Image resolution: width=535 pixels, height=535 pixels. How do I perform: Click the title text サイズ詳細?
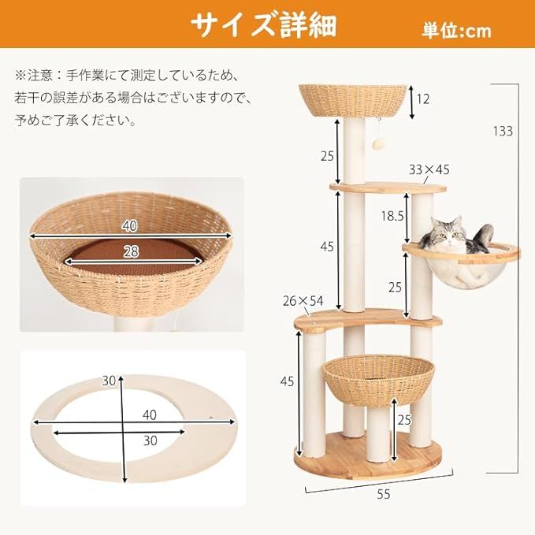(x=263, y=24)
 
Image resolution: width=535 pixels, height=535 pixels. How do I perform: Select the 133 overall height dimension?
(x=502, y=130)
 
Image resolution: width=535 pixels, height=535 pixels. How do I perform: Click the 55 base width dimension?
(x=383, y=494)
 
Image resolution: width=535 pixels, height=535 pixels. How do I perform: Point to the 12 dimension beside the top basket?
(x=423, y=98)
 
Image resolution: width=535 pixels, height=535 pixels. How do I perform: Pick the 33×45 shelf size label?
(x=429, y=169)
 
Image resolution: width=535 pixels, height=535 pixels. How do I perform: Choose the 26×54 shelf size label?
(x=303, y=299)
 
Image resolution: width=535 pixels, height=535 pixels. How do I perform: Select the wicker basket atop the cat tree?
(x=355, y=101)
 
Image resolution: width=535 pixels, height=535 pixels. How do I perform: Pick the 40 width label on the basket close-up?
(x=130, y=226)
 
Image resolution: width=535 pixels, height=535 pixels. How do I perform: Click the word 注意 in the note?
(x=40, y=76)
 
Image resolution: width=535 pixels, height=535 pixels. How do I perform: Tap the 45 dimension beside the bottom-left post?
(x=287, y=381)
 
